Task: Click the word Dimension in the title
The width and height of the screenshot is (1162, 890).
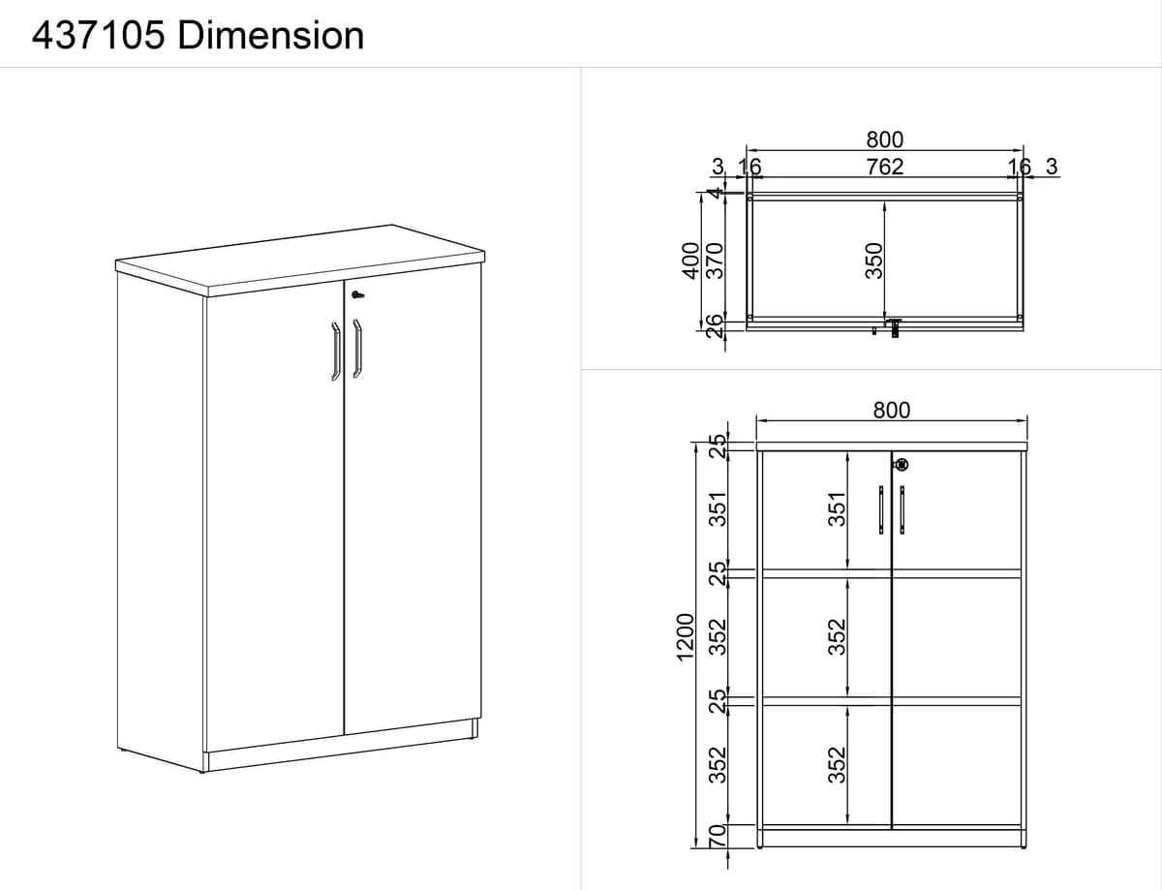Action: pos(270,36)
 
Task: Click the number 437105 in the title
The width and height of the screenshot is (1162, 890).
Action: pos(99,36)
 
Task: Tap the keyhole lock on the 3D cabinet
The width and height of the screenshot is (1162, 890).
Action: pos(357,294)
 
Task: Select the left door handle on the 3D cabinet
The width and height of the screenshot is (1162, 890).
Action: pos(336,352)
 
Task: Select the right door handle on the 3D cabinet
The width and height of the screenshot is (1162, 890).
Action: pos(357,349)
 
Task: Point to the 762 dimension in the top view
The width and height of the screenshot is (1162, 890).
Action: pos(885,167)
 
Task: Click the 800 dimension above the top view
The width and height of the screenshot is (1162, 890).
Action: pos(885,139)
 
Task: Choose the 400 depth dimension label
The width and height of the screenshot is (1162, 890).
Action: pos(690,261)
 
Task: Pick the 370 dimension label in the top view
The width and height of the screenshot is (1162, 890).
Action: pos(715,261)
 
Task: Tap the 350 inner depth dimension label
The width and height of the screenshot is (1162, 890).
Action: pos(873,261)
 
